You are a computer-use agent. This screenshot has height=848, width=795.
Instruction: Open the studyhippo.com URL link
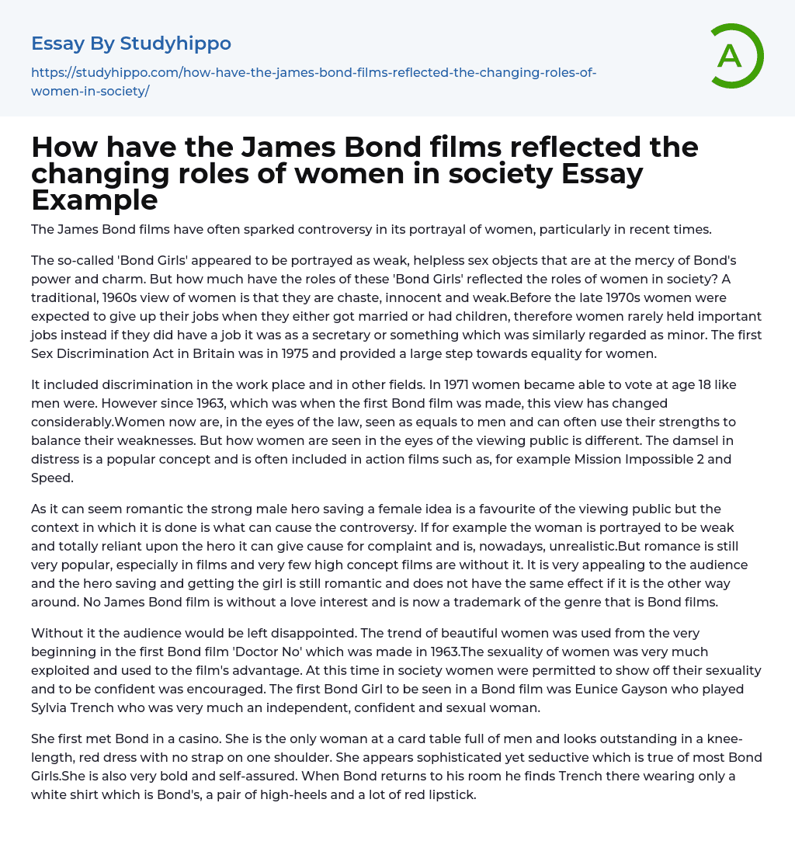pos(313,82)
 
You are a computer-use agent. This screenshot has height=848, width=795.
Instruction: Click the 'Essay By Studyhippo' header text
pos(131,43)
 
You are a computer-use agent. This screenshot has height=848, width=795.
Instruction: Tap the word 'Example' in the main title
pos(95,200)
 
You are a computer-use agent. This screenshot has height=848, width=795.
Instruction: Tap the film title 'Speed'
pos(52,478)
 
